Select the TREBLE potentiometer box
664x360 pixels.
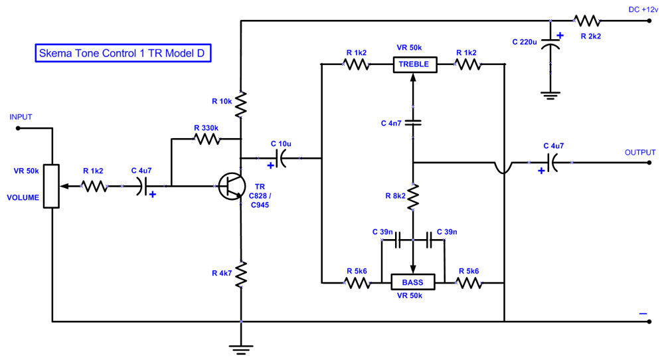point(415,64)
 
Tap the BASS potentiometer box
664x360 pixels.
point(412,282)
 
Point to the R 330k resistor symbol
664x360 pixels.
point(206,139)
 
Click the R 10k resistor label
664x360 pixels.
point(222,102)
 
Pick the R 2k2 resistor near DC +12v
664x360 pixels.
point(587,21)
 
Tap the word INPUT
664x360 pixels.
point(21,117)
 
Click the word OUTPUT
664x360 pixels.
point(640,152)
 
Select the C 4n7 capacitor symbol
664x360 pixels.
point(413,122)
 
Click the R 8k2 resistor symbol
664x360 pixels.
point(413,195)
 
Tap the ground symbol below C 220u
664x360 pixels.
point(550,95)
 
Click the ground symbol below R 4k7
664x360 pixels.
point(242,347)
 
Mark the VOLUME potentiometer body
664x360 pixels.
point(52,187)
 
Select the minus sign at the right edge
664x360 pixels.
point(643,313)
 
